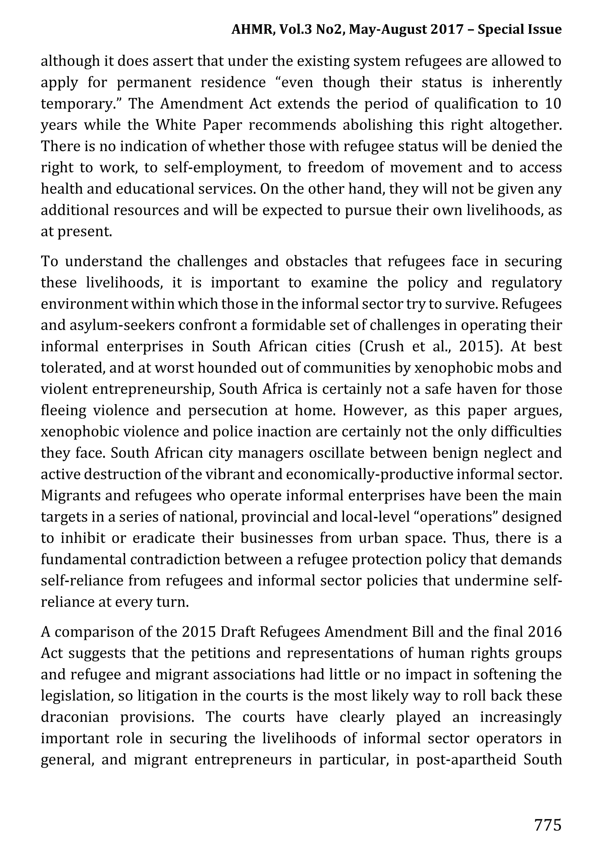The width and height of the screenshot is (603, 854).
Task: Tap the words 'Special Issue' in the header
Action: coord(519,29)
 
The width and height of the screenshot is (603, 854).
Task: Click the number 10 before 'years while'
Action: coord(553,103)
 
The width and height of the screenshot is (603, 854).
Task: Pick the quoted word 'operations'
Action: coord(451,517)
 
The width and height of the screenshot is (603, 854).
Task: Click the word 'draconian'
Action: coord(74,717)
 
